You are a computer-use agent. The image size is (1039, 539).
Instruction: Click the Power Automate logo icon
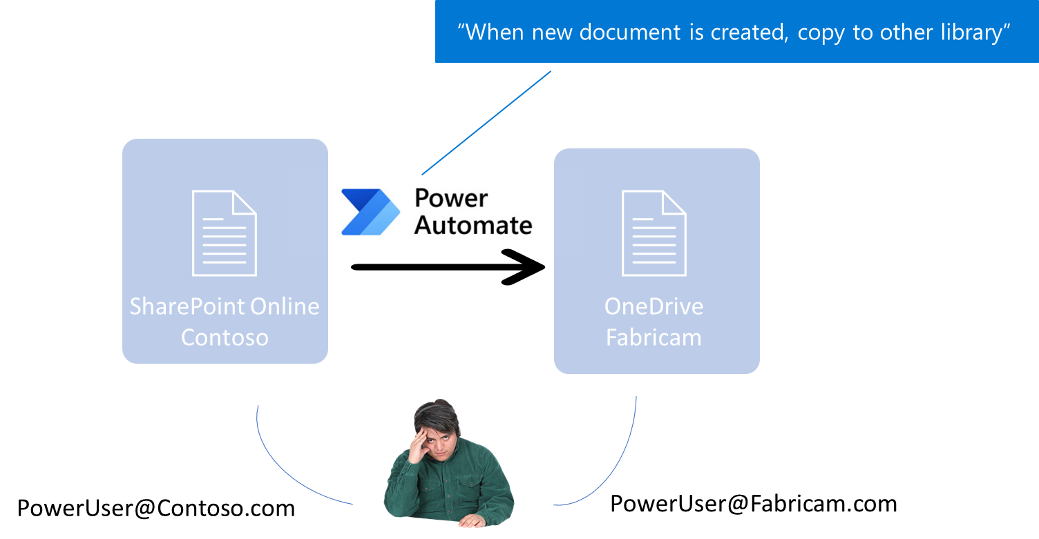point(370,212)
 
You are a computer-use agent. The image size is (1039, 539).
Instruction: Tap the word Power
point(451,199)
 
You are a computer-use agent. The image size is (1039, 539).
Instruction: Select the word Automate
point(473,225)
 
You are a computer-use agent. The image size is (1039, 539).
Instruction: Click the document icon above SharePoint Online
point(224,233)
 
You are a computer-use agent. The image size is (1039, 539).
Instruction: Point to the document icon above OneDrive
point(654,233)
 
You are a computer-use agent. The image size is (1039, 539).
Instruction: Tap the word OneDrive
point(654,306)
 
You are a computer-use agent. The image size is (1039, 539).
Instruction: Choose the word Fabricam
point(654,337)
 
